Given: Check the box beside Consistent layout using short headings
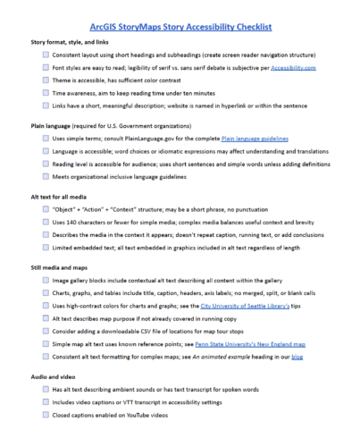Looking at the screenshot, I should point(45,54).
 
